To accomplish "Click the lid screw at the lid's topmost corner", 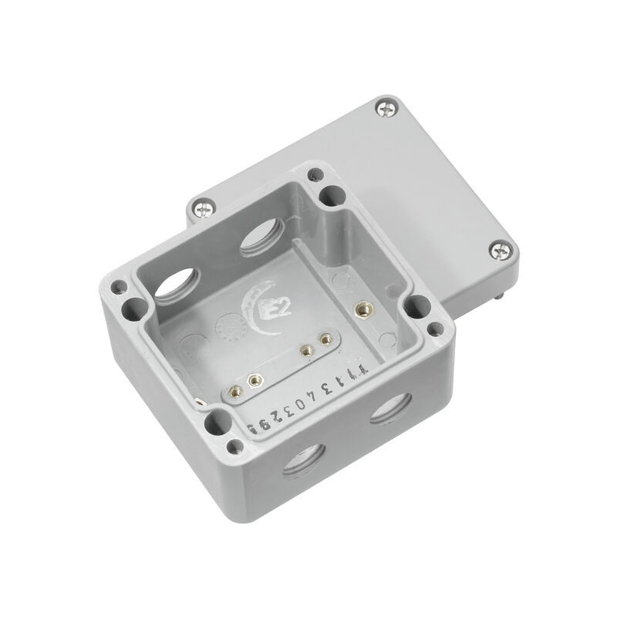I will point(385,110).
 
